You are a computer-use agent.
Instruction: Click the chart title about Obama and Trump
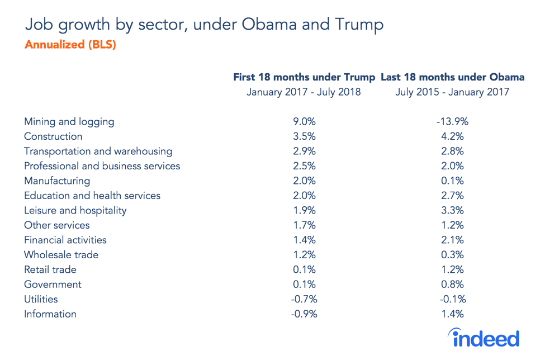click(x=204, y=25)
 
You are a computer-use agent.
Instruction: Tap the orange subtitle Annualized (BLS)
click(x=70, y=45)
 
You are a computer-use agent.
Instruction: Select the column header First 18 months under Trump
click(x=304, y=77)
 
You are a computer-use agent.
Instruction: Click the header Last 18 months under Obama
click(x=452, y=77)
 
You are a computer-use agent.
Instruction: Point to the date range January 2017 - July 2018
click(x=304, y=92)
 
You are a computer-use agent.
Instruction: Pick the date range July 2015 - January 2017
click(x=452, y=92)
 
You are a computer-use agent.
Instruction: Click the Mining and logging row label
click(x=69, y=121)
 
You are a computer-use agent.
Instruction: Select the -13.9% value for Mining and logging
click(x=452, y=121)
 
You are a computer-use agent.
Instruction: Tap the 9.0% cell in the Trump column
click(x=304, y=121)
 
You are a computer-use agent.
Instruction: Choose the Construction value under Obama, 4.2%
click(x=452, y=136)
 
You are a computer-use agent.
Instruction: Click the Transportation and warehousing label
click(x=98, y=151)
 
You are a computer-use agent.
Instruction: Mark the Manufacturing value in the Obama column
click(x=452, y=181)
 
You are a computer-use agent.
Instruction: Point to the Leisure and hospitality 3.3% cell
click(x=452, y=211)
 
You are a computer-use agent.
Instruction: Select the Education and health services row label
click(x=92, y=196)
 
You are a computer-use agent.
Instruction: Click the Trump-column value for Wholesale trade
click(x=304, y=255)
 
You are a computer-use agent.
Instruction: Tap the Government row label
click(x=53, y=285)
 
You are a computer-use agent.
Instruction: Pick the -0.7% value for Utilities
click(x=304, y=299)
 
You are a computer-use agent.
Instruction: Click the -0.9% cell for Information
click(x=304, y=314)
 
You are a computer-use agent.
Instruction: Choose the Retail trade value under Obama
click(x=452, y=270)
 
